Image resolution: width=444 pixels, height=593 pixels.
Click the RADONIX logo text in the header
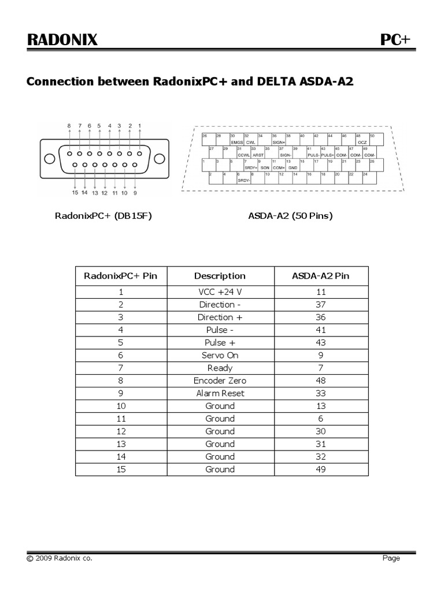(x=62, y=39)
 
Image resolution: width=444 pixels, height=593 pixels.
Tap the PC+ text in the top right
(x=395, y=39)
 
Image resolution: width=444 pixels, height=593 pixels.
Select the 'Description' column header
(x=220, y=276)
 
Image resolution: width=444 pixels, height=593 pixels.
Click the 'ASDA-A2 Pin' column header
(x=321, y=276)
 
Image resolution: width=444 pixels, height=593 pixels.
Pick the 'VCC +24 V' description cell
(x=220, y=292)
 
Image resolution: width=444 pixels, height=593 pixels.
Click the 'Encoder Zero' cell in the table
(x=220, y=380)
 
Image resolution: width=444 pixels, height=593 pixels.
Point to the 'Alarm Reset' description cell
(x=220, y=393)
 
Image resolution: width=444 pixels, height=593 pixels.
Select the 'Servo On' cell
(x=220, y=355)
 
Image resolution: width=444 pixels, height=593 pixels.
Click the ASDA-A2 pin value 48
(x=321, y=380)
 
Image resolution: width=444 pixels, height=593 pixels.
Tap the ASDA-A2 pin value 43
(x=321, y=342)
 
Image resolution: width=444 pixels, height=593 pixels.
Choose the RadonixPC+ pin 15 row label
(x=121, y=469)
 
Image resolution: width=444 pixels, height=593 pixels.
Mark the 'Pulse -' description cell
(x=220, y=330)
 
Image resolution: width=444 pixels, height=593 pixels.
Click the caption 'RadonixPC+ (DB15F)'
(x=103, y=216)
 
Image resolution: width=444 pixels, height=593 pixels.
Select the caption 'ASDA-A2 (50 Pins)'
(x=290, y=216)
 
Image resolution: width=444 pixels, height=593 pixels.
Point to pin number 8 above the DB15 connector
(x=69, y=125)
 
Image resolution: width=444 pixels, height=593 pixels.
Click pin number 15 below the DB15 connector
(x=75, y=192)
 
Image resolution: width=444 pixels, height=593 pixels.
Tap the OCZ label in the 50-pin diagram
(x=362, y=142)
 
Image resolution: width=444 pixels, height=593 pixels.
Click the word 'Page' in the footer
(x=391, y=558)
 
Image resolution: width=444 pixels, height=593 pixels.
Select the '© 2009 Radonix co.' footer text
(x=59, y=558)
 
